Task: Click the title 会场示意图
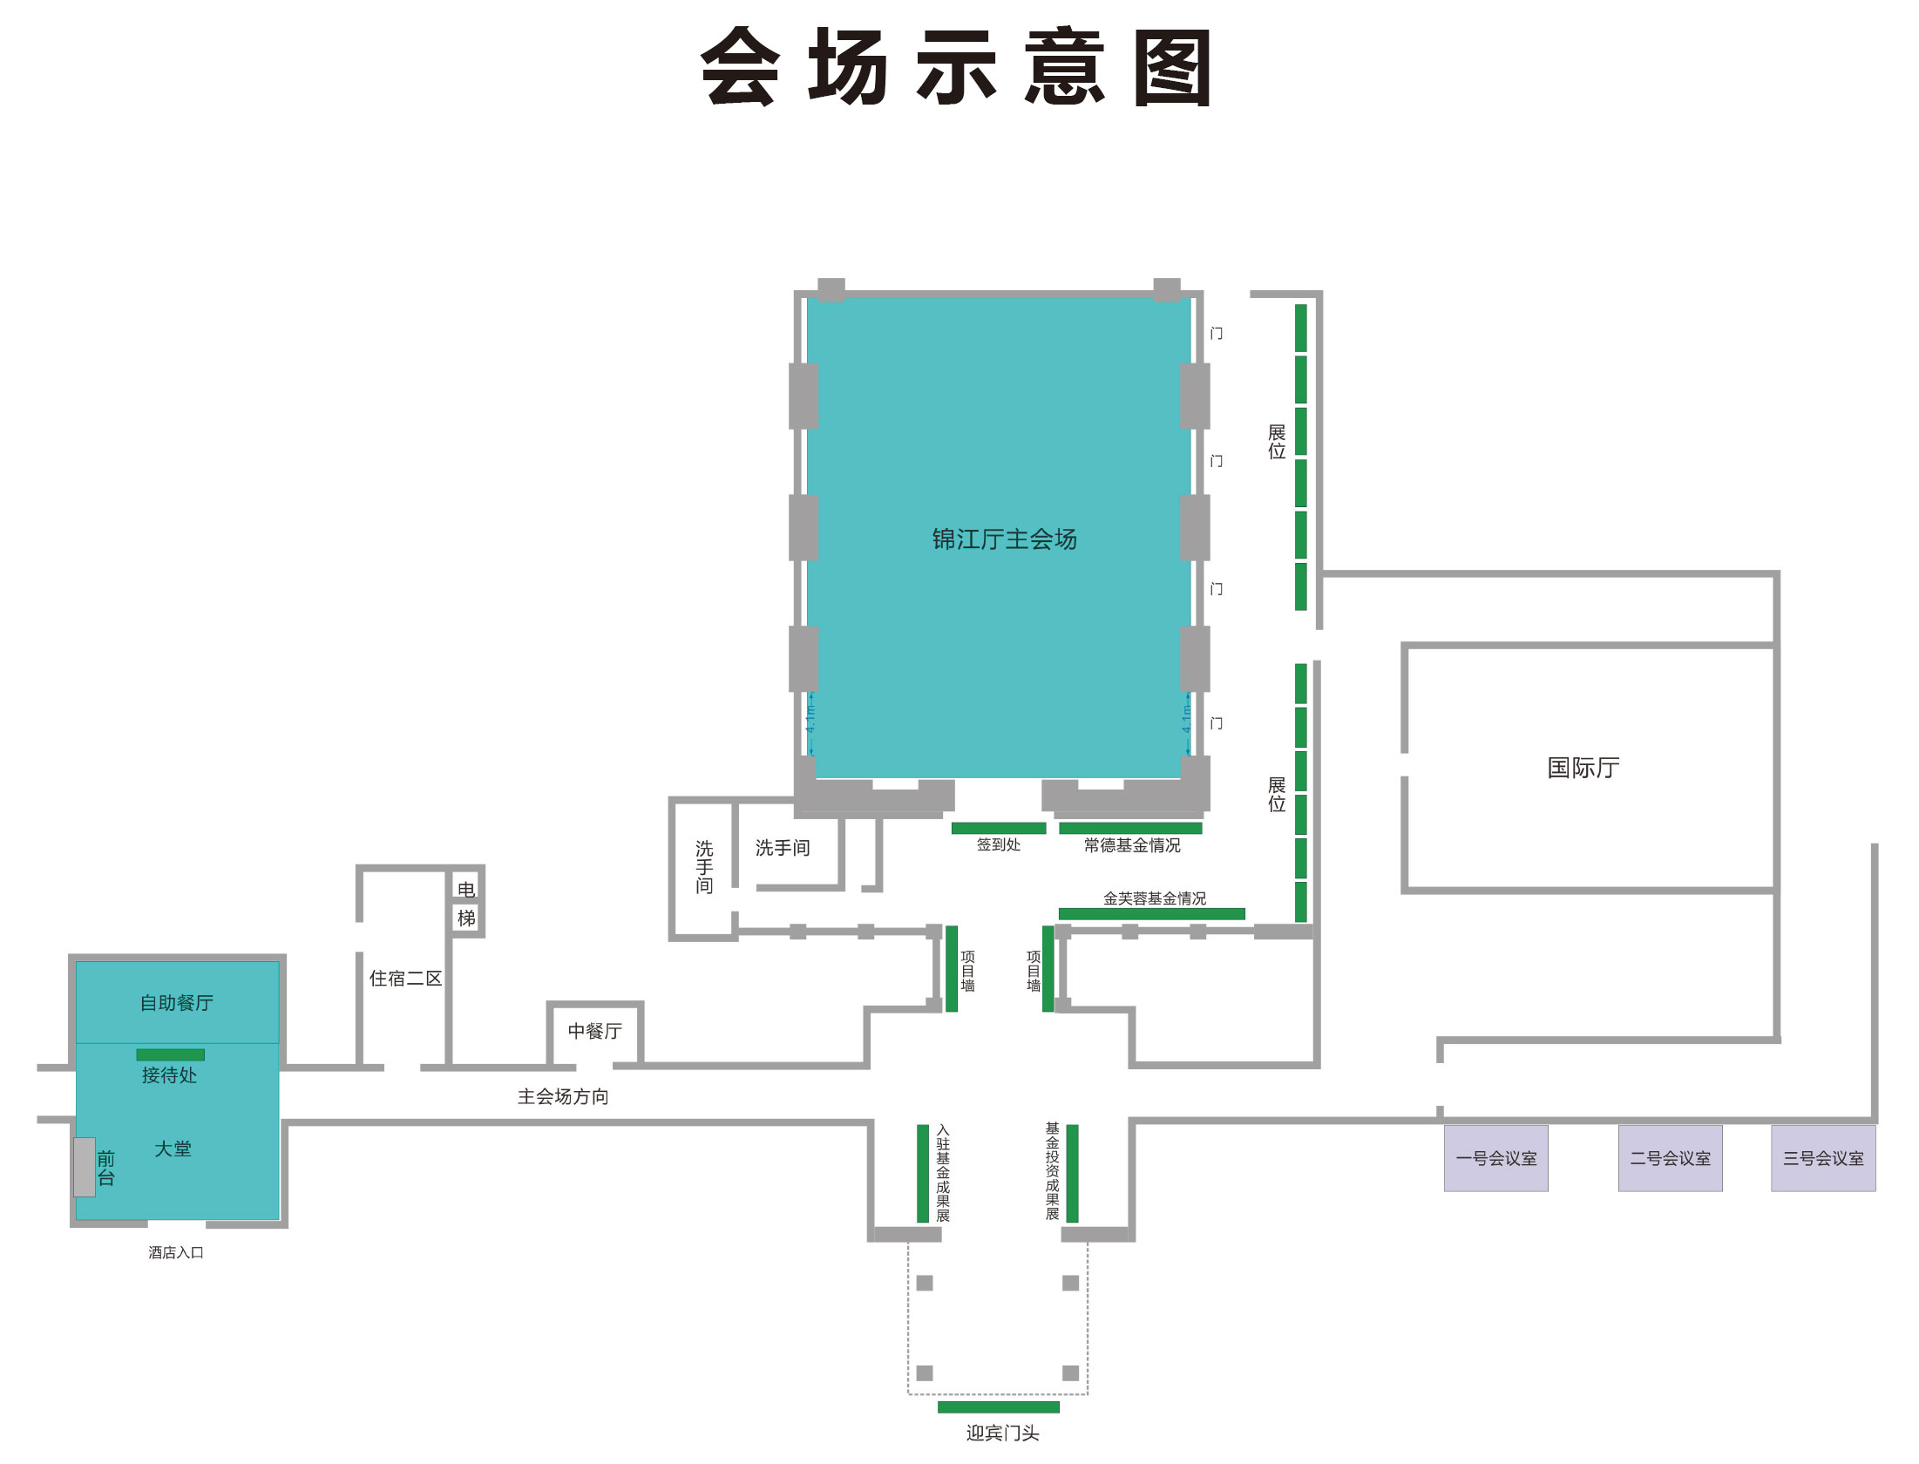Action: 956,67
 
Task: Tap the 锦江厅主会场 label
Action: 1004,539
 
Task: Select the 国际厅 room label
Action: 1583,768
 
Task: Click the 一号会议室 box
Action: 1495,1158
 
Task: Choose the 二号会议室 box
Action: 1670,1158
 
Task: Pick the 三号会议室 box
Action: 1822,1158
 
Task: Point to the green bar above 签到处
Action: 998,828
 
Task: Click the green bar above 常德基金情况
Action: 1130,828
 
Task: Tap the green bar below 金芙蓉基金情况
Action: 1151,913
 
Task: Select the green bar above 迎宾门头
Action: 998,1406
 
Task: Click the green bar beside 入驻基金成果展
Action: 922,1173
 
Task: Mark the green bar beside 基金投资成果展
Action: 1072,1173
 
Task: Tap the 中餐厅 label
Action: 594,1031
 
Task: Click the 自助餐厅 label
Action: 177,1003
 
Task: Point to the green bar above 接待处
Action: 170,1054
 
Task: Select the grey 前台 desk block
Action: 85,1167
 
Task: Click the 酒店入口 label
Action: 175,1252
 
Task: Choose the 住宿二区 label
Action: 405,979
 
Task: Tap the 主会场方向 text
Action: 563,1096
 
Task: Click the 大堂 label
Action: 173,1149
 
